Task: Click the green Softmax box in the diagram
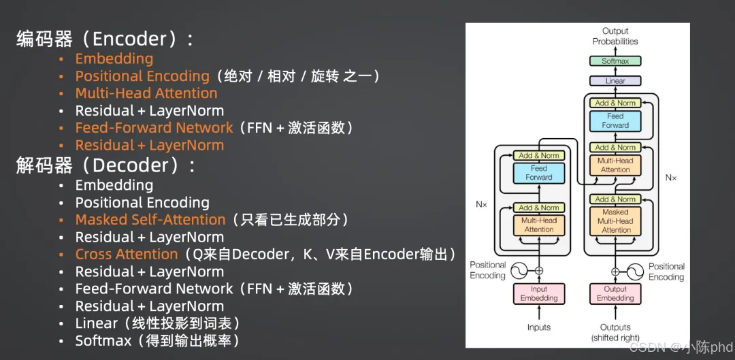tap(615, 61)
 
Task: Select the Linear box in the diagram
tap(615, 81)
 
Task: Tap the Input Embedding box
tap(538, 293)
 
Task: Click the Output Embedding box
tap(615, 293)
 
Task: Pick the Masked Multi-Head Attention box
tap(615, 221)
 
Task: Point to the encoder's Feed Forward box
tap(538, 173)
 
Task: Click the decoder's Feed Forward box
tap(615, 120)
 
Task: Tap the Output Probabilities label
tap(615, 36)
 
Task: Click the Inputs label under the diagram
tap(538, 327)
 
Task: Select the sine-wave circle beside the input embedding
tap(519, 271)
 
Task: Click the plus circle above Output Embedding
tap(615, 271)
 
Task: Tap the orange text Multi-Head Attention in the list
tap(146, 93)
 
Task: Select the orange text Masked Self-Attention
tap(150, 220)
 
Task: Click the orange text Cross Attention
tap(127, 255)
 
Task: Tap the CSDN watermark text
tap(681, 347)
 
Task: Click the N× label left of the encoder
tap(481, 204)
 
